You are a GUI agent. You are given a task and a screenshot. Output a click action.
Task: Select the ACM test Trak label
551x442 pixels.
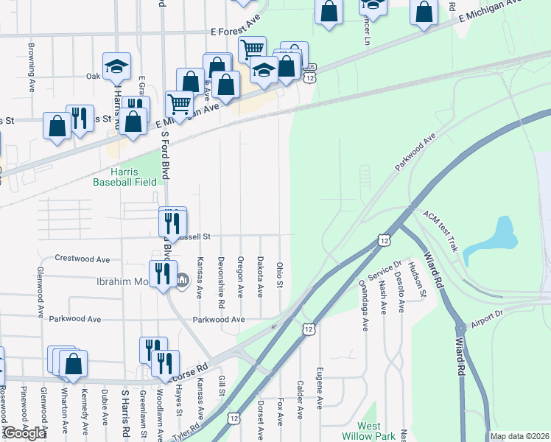pyautogui.click(x=442, y=229)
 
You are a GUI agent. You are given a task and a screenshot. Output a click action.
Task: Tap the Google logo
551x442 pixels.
pyautogui.click(x=24, y=433)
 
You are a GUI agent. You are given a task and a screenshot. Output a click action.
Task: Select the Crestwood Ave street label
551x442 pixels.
pyautogui.click(x=83, y=259)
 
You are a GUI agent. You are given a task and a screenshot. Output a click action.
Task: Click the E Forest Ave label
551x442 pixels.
pyautogui.click(x=235, y=32)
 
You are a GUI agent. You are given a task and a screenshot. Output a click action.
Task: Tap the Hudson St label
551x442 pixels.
pyautogui.click(x=419, y=281)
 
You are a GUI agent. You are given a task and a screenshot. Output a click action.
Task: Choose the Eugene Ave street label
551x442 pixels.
pyautogui.click(x=320, y=387)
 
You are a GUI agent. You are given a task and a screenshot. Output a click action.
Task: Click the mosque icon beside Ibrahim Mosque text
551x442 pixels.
pyautogui.click(x=183, y=280)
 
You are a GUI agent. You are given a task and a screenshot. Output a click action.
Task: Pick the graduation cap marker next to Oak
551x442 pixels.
pyautogui.click(x=116, y=66)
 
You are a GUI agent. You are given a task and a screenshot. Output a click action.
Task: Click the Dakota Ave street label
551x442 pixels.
pyautogui.click(x=260, y=277)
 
